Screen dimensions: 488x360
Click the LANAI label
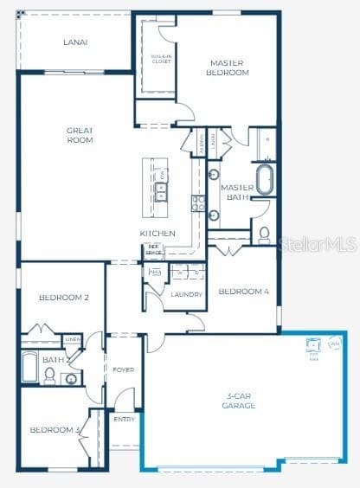75,42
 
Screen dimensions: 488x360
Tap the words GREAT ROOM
80,135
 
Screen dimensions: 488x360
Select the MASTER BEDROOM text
229,67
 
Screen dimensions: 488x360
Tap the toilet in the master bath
264,234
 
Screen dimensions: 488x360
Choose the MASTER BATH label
235,192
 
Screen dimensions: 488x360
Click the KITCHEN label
158,234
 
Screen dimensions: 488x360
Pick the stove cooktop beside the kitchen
198,204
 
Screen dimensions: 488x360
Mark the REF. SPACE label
154,249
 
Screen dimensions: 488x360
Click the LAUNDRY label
186,294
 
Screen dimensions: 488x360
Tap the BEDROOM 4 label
243,292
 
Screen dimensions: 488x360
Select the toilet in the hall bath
50,375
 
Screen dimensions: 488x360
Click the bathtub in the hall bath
29,367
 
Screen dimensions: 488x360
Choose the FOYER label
123,369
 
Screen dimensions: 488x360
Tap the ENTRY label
125,419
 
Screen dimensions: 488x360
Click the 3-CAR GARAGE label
238,401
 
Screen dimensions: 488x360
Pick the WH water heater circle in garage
334,344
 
